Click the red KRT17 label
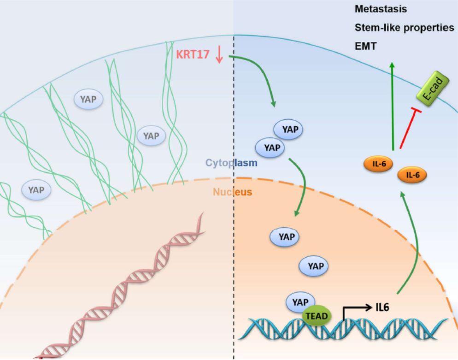[x=193, y=54]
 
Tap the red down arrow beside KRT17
[x=219, y=54]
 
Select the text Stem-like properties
[x=404, y=28]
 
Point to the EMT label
[x=365, y=47]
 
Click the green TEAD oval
[x=316, y=316]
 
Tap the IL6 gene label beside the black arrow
[x=382, y=307]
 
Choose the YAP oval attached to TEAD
[x=300, y=302]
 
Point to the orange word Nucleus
[x=233, y=191]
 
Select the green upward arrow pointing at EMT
[x=392, y=106]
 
